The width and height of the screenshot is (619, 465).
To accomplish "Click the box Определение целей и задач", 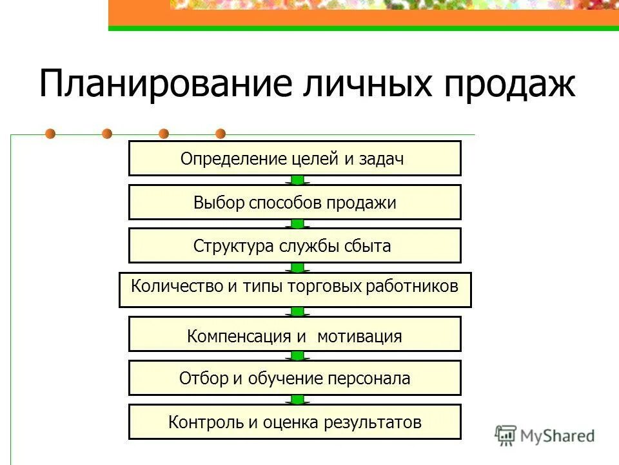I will tap(295, 158).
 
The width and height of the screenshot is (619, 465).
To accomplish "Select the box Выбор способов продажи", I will tap(295, 202).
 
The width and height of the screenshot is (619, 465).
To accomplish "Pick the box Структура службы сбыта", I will tap(295, 245).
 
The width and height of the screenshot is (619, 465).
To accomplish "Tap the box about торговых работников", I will tap(295, 290).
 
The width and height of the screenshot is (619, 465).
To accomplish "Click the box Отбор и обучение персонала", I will tap(295, 378).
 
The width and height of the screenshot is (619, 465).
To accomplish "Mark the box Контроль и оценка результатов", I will tap(295, 422).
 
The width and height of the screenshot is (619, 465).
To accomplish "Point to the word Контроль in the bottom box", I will tap(205, 422).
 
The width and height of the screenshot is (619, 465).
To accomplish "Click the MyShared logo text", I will tap(557, 435).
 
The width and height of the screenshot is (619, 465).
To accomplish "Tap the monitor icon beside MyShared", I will tap(506, 435).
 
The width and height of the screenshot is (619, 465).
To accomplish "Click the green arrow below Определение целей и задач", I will tap(297, 180).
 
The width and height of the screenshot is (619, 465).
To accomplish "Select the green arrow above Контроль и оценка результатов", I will tap(297, 400).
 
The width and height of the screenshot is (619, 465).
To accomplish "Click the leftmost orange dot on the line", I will tap(50, 134).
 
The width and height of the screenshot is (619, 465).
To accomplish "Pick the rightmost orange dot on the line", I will tap(221, 134).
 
